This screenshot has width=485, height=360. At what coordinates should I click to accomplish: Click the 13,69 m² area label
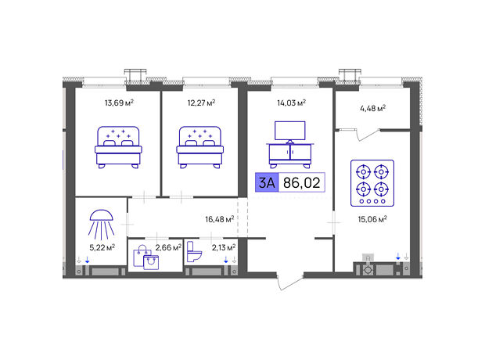click(x=119, y=103)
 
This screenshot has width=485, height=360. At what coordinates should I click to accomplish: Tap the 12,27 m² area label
click(x=201, y=103)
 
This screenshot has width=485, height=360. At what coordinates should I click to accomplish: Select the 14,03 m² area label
click(x=291, y=103)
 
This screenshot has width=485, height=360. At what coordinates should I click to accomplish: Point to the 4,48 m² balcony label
click(x=372, y=108)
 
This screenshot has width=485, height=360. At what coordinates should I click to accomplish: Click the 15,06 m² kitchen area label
click(x=372, y=219)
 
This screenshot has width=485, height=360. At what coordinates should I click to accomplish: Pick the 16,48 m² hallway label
click(x=220, y=219)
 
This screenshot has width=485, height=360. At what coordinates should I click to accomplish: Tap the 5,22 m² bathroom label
click(x=102, y=247)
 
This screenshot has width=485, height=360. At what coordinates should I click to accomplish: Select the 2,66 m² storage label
click(x=168, y=247)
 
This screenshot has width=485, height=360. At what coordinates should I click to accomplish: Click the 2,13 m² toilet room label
click(x=224, y=247)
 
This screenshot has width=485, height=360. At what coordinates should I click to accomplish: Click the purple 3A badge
click(x=267, y=182)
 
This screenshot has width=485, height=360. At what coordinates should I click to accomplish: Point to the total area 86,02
click(x=302, y=182)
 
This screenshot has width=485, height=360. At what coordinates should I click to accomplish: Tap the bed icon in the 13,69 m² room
click(x=118, y=147)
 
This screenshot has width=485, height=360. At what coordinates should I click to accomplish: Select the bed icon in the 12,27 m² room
click(x=199, y=147)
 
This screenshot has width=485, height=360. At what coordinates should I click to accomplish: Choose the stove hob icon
click(x=372, y=183)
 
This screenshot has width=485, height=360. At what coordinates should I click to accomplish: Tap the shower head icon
click(x=101, y=225)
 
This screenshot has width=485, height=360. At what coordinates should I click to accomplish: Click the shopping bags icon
click(x=146, y=257)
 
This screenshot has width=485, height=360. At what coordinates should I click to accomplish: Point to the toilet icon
click(x=194, y=252)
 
